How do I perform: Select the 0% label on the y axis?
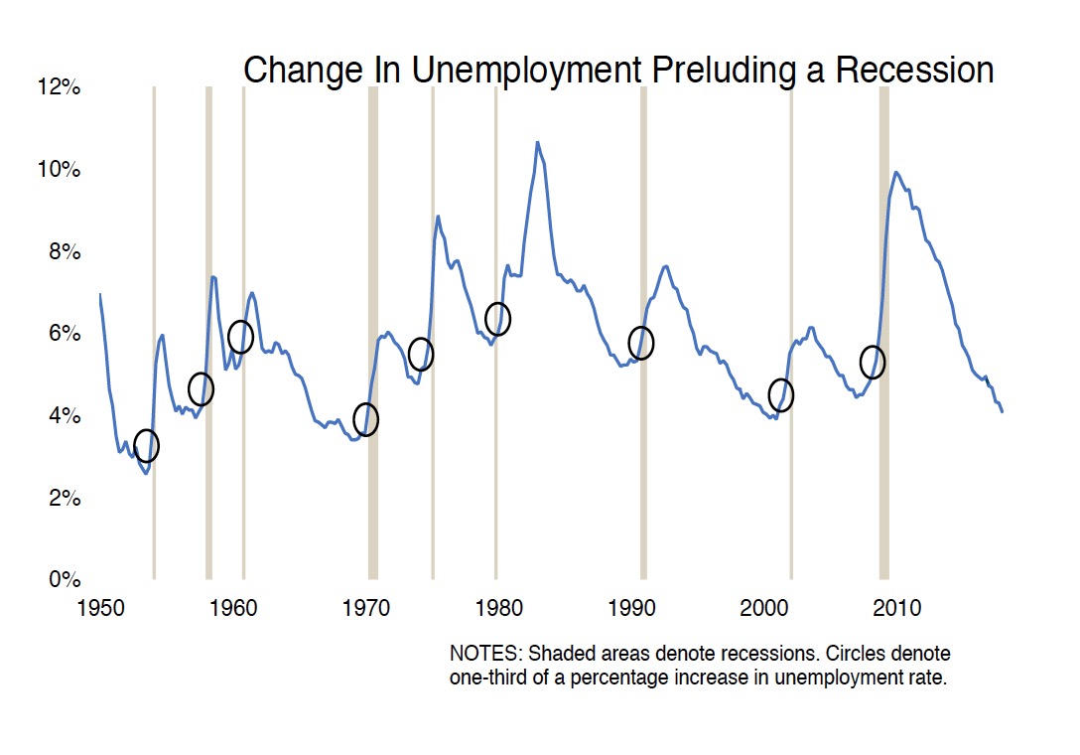64,579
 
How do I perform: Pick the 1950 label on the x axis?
100,606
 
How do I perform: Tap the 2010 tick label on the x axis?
899,606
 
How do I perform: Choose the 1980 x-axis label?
498,606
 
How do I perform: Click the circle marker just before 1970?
366,420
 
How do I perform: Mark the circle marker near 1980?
497,319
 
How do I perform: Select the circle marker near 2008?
872,362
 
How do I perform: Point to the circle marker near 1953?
146,446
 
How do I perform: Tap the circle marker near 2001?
781,395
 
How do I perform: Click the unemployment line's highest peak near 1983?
537,142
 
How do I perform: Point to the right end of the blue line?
1003,411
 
